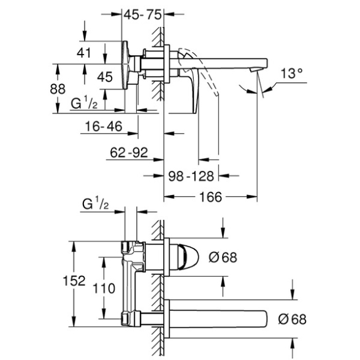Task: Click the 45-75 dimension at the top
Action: (142, 15)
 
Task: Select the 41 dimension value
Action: (84, 53)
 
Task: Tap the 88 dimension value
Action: (58, 89)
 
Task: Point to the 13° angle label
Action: (291, 74)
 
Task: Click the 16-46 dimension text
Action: (104, 126)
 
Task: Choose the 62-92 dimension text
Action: (129, 153)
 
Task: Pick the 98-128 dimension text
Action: (191, 177)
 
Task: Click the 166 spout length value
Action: (211, 197)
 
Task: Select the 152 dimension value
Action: (74, 280)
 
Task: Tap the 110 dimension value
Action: (104, 288)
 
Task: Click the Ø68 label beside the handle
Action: (223, 257)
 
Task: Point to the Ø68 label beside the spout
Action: (293, 319)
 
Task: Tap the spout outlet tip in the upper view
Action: (255, 70)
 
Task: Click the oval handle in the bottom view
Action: (188, 257)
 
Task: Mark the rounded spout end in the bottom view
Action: (266, 319)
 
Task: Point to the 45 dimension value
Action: (105, 77)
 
